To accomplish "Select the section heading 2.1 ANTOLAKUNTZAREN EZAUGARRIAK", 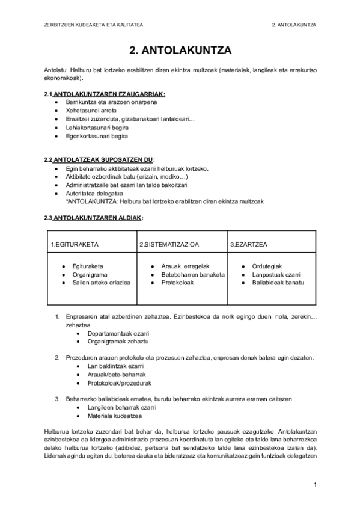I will [105, 95].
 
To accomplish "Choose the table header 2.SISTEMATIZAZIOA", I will [169, 244].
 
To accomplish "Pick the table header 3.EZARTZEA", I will [249, 244].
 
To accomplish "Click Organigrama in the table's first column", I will [88, 274].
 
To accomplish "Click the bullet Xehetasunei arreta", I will [92, 111].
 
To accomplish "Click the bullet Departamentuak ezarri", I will [118, 333].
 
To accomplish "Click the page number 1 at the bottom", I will [314, 484].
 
